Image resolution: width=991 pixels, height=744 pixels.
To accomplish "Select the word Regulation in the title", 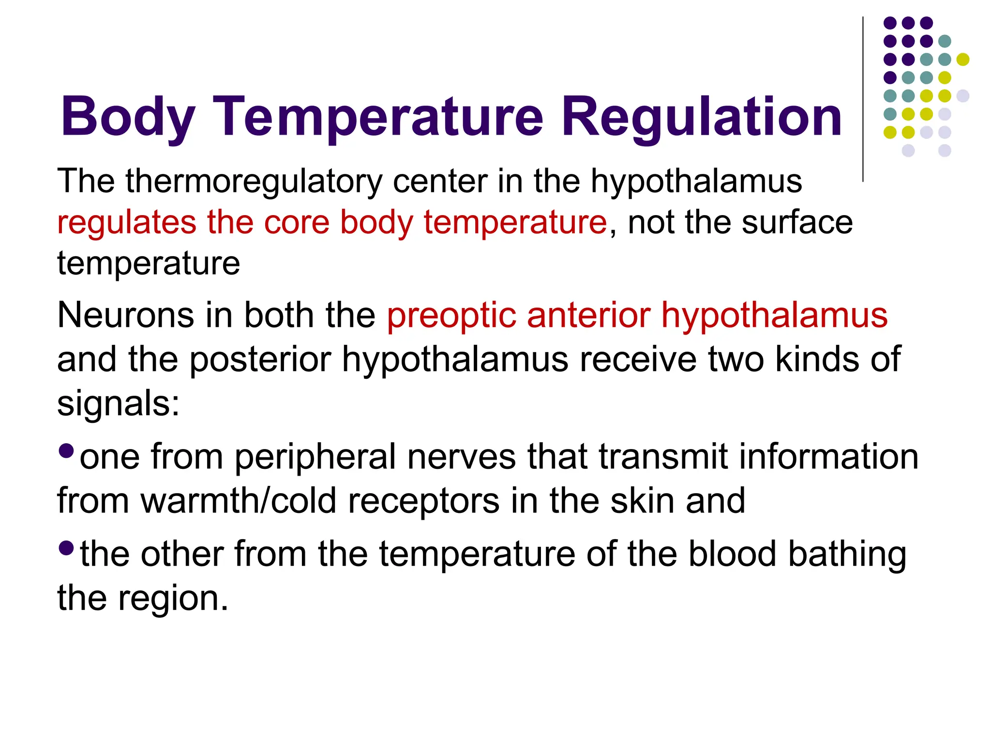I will pos(702,117).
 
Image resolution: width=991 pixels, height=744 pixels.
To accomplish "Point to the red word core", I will pos(296,223).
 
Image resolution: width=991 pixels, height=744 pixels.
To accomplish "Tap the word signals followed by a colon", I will pos(118,404).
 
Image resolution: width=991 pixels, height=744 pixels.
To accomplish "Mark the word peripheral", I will pos(315,457).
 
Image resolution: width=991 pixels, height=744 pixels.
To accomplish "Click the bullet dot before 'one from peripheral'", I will pos(66,451).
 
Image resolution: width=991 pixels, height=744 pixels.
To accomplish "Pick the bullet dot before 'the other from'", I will pos(66,548).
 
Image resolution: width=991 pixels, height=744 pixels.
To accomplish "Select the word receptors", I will pos(423,502).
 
